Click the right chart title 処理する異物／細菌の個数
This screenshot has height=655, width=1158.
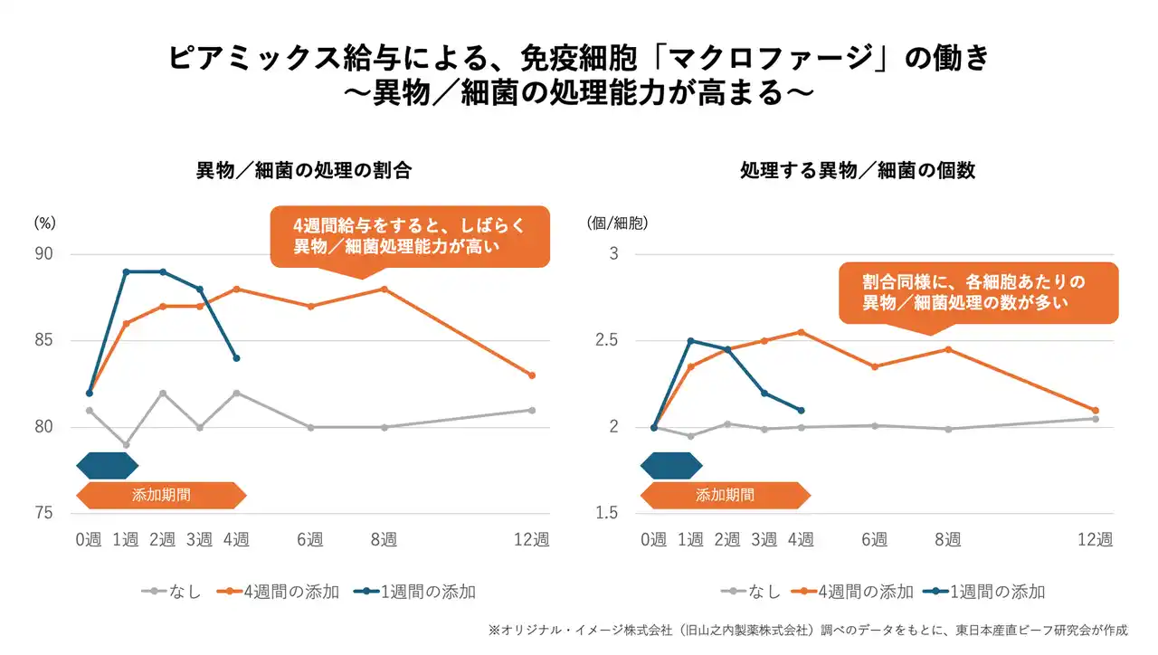pos(858,170)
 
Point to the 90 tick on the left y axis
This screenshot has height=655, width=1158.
pos(44,254)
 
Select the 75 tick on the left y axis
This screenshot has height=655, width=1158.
pos(44,514)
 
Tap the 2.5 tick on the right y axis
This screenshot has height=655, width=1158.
pos(607,341)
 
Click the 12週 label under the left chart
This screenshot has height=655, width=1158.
pos(532,540)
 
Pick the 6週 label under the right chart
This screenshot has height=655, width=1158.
pos(874,540)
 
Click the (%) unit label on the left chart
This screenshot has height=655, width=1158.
pos(45,222)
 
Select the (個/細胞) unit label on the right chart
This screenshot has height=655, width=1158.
pos(618,222)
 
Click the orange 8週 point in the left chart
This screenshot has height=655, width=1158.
pos(384,290)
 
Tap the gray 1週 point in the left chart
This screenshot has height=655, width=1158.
pos(126,445)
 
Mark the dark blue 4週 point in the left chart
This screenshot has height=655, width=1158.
pos(236,358)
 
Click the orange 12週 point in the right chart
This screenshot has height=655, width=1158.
pos(1096,411)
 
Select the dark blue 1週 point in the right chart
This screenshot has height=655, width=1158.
pos(690,341)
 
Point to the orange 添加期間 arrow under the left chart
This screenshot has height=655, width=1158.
pos(162,496)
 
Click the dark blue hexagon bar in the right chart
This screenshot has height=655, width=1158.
pos(670,466)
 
